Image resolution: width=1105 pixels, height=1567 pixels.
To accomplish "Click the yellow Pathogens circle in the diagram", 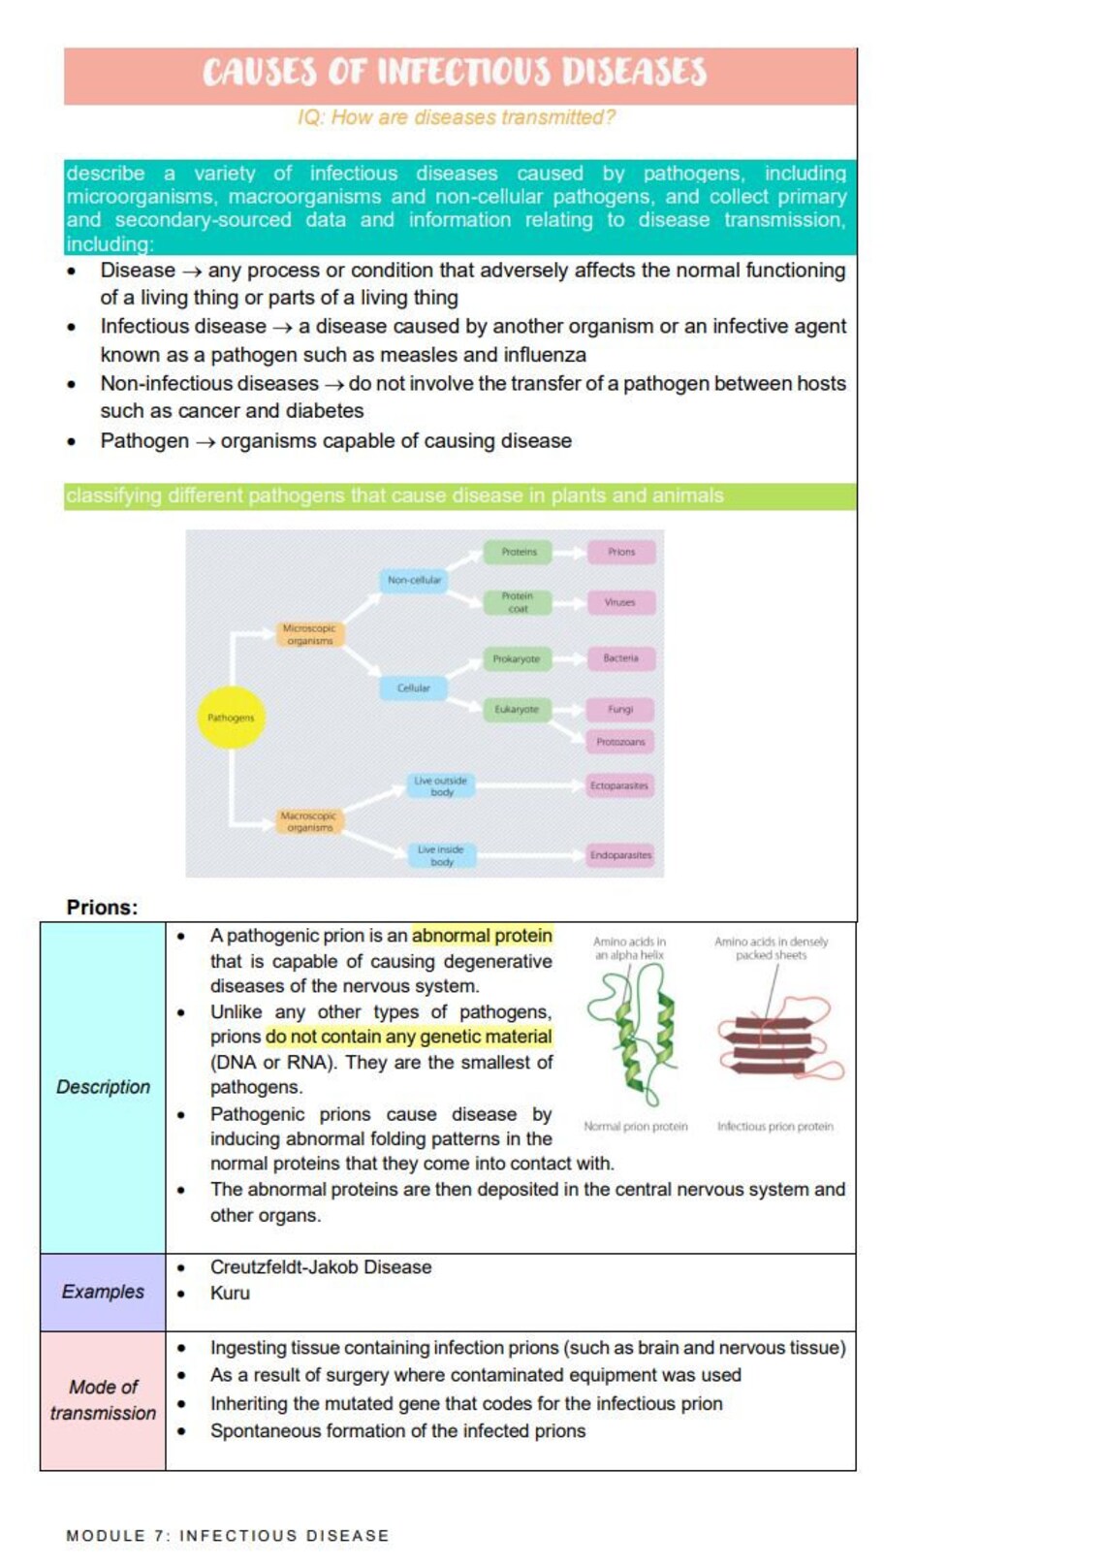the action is (231, 718).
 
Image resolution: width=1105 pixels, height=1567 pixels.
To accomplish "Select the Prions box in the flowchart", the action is (621, 552).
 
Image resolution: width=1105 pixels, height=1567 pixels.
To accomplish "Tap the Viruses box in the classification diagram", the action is (620, 602).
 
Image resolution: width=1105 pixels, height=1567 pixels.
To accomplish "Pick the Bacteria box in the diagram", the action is (620, 658).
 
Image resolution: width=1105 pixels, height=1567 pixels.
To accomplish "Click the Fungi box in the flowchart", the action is (620, 710).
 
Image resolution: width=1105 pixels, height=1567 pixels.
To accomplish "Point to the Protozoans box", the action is (620, 742).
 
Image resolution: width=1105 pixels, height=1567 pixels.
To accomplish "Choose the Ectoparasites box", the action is (619, 785).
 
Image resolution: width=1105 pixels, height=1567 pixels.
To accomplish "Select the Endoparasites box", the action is (620, 855).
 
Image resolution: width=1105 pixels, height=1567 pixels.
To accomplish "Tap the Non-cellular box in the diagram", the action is (414, 580).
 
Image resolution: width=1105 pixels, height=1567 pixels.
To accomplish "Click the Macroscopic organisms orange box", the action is (309, 822).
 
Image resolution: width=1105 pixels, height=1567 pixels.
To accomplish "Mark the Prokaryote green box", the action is (517, 659).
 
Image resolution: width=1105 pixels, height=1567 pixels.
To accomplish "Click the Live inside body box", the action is (441, 855).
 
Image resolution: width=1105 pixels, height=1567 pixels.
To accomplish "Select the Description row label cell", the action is (103, 1087).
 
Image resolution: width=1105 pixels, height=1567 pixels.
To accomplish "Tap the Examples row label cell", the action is (103, 1292).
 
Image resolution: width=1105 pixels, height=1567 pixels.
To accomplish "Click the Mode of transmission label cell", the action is (103, 1400).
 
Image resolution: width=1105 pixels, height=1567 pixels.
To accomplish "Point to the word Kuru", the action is (230, 1294).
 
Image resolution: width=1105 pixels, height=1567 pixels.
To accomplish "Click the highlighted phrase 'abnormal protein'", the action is (482, 936).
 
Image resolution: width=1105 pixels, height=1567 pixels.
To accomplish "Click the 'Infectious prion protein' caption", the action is (774, 1127).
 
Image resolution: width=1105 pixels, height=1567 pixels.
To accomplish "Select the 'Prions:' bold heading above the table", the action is (102, 908).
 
